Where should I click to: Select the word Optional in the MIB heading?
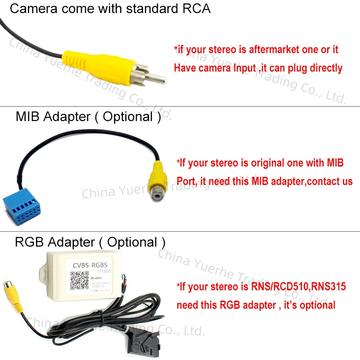tap(128, 117)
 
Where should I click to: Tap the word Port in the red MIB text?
tap(185, 181)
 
